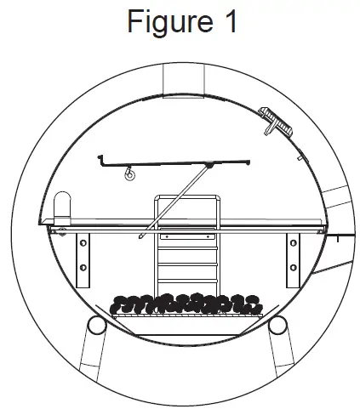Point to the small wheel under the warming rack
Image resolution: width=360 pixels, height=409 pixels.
click(131, 177)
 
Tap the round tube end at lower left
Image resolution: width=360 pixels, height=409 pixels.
click(97, 324)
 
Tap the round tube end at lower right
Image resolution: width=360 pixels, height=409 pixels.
click(278, 324)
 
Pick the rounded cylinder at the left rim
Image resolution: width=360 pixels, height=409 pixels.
click(62, 206)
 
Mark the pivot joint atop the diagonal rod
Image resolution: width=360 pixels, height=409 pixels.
click(209, 168)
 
